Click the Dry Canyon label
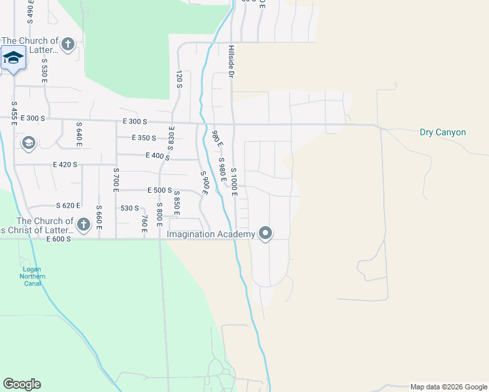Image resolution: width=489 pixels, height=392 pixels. (x=443, y=133)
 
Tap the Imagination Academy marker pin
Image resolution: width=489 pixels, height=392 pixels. (x=265, y=233)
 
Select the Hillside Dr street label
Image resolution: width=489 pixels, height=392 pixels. (x=231, y=62)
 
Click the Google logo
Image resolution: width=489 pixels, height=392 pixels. (x=22, y=384)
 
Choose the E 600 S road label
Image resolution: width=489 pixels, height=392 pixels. (x=58, y=239)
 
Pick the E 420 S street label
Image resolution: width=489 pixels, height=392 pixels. (x=65, y=165)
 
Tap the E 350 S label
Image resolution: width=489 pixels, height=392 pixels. (x=143, y=138)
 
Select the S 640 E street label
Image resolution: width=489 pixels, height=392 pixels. (x=79, y=135)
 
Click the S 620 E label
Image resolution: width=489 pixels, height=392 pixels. (x=67, y=205)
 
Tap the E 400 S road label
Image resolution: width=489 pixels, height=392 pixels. (x=158, y=156)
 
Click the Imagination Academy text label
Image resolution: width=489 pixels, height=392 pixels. (x=211, y=234)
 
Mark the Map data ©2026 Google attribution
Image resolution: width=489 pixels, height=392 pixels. (x=448, y=387)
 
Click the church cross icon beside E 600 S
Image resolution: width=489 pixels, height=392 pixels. (x=83, y=225)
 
